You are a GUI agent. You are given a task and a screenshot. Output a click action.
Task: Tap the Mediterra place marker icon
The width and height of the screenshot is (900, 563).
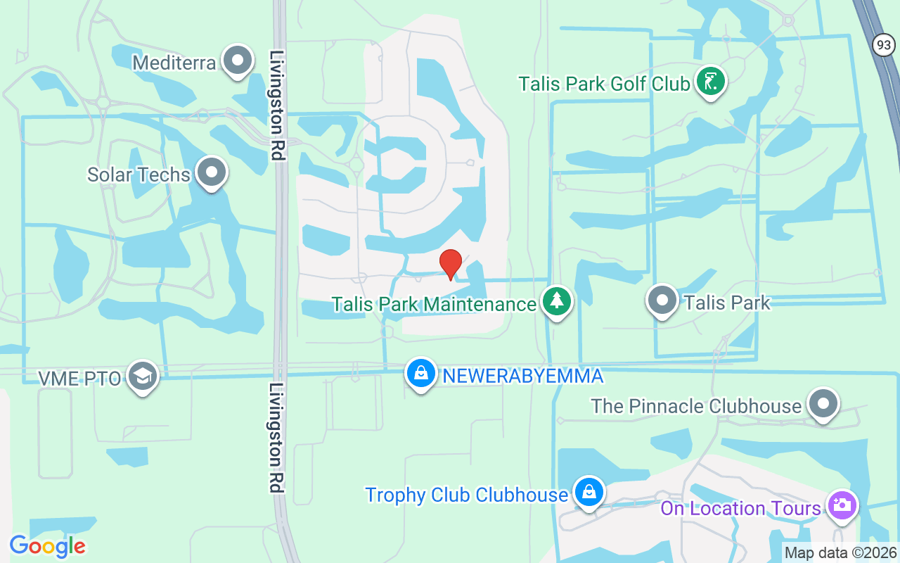(238, 60)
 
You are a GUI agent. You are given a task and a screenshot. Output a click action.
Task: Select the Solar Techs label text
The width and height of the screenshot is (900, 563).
(139, 175)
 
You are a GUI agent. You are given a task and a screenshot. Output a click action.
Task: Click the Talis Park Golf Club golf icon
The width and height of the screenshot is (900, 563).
(710, 82)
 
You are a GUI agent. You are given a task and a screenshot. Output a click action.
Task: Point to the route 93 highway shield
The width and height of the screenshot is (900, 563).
(884, 45)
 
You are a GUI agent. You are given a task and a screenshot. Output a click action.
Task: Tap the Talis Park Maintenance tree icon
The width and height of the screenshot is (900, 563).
(557, 302)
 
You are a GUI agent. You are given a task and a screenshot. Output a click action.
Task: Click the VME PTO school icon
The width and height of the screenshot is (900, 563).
(143, 377)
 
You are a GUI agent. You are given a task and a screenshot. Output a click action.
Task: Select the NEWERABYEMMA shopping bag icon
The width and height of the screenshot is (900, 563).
(420, 374)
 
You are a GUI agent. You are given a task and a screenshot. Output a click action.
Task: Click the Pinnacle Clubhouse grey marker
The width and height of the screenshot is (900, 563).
(823, 405)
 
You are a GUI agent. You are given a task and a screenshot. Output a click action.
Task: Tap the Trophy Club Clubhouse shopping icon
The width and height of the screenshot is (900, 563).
(589, 492)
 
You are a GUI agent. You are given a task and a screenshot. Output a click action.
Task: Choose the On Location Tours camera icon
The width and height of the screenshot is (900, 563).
(842, 505)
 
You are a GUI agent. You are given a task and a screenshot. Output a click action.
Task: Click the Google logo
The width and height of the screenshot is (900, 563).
(47, 545)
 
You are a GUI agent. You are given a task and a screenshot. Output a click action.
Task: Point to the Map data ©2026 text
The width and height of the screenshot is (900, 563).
(840, 552)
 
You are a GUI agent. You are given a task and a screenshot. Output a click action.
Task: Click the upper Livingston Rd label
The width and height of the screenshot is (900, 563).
(277, 106)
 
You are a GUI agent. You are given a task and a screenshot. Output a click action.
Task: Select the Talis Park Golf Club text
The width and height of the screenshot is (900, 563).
(604, 84)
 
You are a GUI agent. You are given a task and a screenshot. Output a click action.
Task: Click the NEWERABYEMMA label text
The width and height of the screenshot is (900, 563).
(522, 376)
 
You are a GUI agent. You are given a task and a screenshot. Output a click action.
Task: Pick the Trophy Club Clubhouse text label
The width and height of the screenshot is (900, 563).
(466, 495)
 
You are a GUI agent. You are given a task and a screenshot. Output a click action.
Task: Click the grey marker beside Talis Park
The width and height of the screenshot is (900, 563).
(662, 301)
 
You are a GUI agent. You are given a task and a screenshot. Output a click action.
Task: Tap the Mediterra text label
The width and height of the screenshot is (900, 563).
(174, 63)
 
